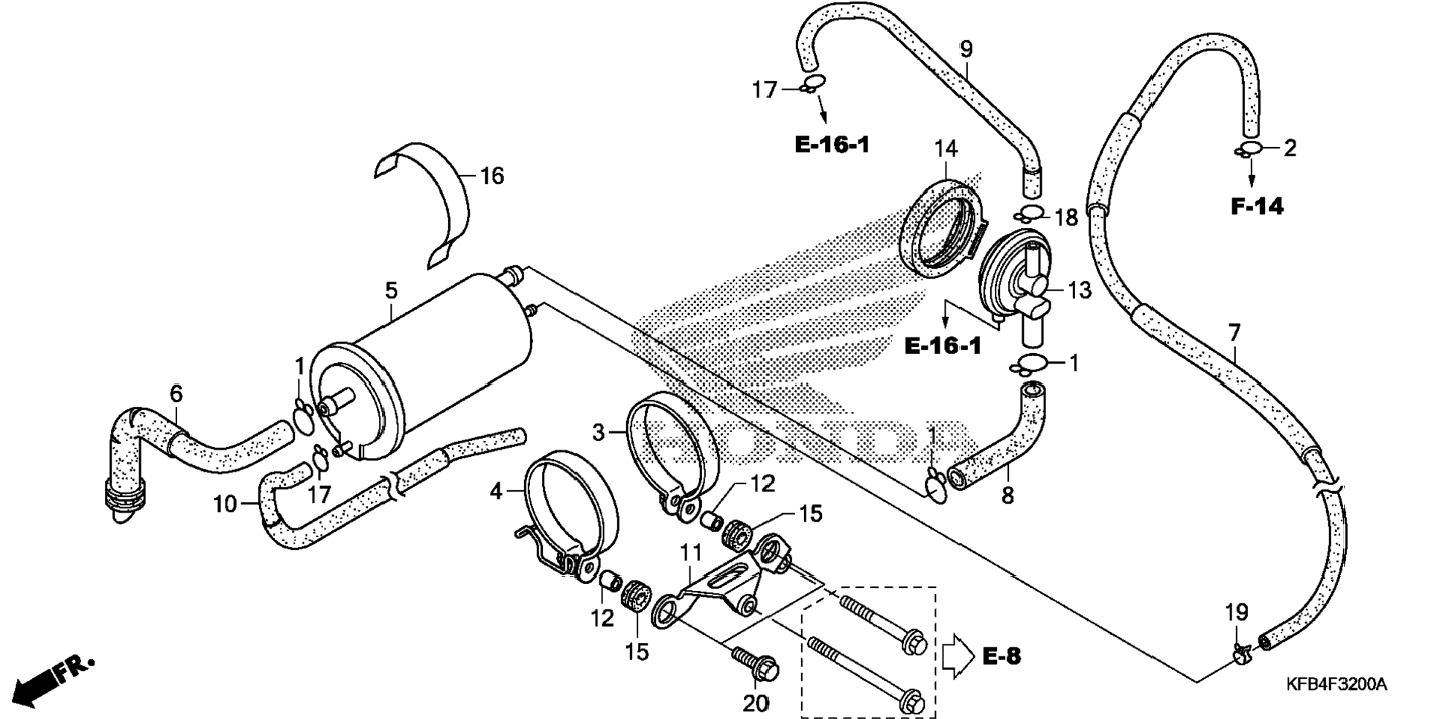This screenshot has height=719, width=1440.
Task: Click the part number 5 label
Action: [392, 291]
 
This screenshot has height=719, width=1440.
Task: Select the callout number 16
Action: [492, 176]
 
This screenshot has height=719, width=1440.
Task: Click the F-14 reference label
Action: [1257, 206]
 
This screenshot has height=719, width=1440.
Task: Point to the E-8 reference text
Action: [1001, 656]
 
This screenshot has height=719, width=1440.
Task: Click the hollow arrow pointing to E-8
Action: [958, 656]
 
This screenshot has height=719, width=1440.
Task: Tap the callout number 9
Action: [966, 50]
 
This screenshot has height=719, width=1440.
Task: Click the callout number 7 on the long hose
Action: [1234, 332]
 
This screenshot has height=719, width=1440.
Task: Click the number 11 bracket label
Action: [690, 553]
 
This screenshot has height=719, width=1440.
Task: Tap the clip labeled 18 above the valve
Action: [1030, 215]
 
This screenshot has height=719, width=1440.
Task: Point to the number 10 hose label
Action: [225, 504]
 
